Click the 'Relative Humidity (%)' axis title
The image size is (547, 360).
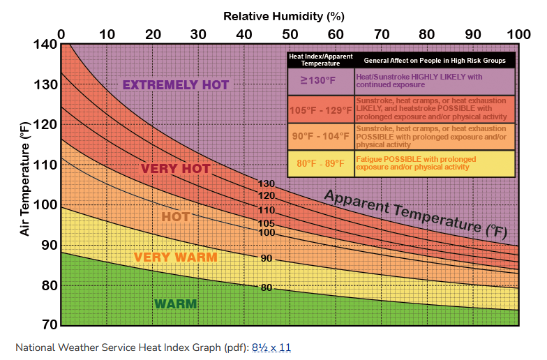(x=284, y=15)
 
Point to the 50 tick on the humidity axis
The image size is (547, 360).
(x=290, y=34)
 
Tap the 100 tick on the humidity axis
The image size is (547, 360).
(x=518, y=34)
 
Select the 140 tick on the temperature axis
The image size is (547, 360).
(x=45, y=45)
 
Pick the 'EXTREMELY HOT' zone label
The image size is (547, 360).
(x=175, y=85)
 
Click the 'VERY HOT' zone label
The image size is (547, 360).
(x=175, y=169)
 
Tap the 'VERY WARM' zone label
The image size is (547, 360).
(x=175, y=257)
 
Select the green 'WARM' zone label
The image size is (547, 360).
(x=175, y=304)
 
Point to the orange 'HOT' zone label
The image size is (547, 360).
(x=175, y=217)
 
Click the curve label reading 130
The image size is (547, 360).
(x=267, y=184)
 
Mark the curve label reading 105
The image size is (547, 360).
(x=267, y=223)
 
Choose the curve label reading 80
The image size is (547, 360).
(x=266, y=287)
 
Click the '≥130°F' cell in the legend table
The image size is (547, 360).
(x=320, y=80)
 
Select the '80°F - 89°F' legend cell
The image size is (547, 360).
(x=320, y=163)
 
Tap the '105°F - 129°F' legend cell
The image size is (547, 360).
(x=320, y=110)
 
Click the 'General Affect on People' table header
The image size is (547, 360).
(x=434, y=61)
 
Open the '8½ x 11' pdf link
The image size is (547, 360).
(x=271, y=347)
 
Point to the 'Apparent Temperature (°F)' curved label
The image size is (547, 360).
(x=414, y=211)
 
